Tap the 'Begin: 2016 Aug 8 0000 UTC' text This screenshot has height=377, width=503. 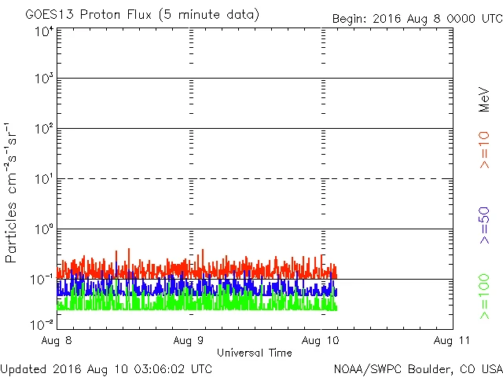click(417, 17)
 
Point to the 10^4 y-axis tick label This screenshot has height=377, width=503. click(44, 31)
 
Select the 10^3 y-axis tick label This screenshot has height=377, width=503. click(44, 79)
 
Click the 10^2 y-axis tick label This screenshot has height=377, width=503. click(44, 129)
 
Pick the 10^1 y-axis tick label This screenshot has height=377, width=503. click(44, 179)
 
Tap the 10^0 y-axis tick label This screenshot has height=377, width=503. click(44, 229)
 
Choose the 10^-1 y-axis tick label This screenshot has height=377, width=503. click(42, 280)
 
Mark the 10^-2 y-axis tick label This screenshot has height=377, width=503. click(42, 324)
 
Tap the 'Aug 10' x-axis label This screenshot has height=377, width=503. click(322, 340)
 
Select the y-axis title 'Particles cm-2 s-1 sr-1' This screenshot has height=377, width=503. click(13, 192)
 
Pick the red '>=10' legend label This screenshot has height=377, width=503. click(485, 150)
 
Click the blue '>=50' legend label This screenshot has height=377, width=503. click(485, 225)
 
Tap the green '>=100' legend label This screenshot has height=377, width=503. click(485, 297)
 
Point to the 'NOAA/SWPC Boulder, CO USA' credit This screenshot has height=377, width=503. click(417, 368)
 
